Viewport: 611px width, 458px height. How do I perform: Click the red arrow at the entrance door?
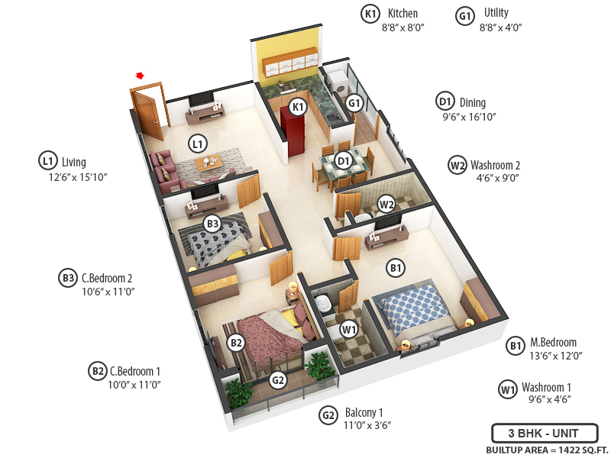140,76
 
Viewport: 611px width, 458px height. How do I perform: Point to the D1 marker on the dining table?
344,160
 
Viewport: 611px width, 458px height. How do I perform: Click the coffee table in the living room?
208,162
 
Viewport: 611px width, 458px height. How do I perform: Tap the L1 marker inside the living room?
198,143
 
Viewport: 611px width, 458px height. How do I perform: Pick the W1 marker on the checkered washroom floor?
349,330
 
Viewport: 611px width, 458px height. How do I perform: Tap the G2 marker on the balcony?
278,380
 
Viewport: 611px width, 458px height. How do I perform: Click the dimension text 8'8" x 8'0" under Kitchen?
402,27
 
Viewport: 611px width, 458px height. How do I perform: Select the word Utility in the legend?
496,13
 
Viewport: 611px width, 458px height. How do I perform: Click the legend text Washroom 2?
496,165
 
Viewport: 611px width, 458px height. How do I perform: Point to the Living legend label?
74,162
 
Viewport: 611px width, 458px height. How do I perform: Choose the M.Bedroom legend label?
554,343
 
